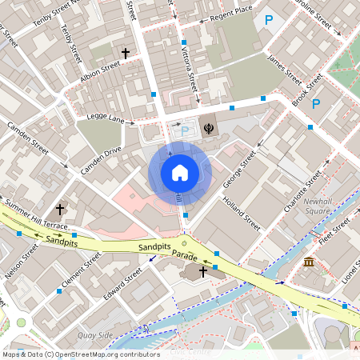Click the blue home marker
[x=179, y=172]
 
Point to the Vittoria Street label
[x=190, y=66]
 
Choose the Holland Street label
[x=242, y=214]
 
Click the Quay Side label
[x=96, y=335]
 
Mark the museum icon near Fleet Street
[x=309, y=262]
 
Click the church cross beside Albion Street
[x=126, y=53]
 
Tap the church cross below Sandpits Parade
[x=203, y=272]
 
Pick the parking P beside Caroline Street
[x=269, y=20]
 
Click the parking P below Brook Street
[x=316, y=104]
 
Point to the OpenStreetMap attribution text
[x=80, y=354]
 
